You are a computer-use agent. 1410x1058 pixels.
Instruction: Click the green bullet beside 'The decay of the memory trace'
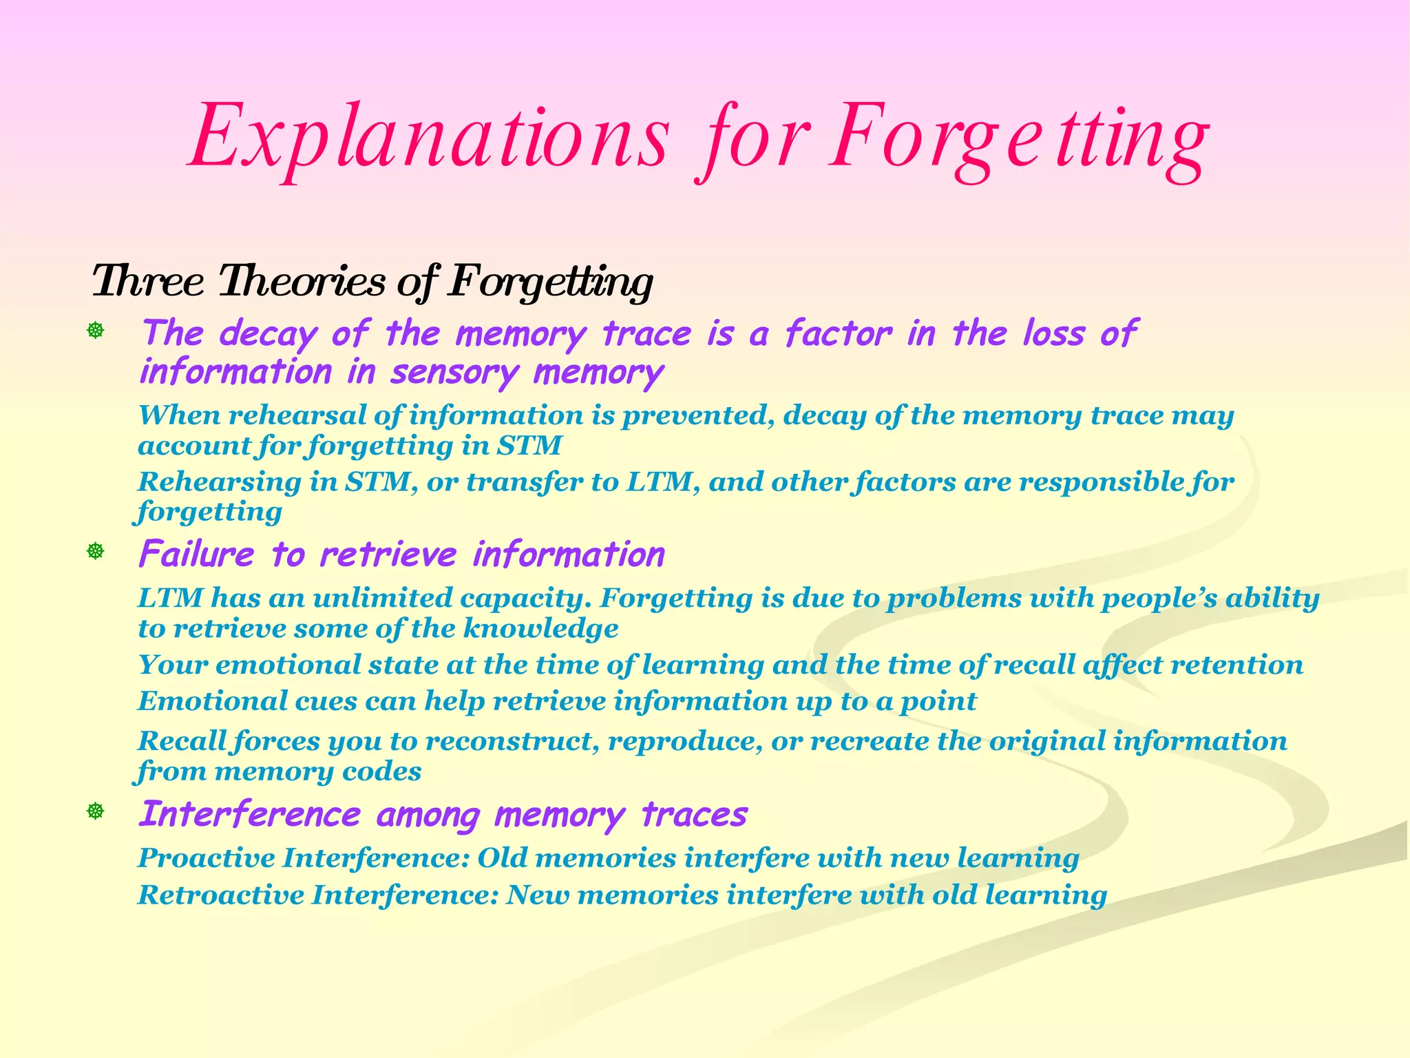tap(95, 331)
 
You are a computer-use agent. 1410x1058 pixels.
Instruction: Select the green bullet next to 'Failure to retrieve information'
tap(95, 551)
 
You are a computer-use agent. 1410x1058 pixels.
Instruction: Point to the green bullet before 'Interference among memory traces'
tap(95, 811)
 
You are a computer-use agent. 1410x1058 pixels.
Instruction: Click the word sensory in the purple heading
tap(454, 373)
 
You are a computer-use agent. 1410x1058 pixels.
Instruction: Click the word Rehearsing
tap(220, 482)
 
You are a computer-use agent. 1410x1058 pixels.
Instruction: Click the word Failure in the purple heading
tap(196, 554)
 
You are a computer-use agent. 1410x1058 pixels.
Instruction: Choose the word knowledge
tap(540, 628)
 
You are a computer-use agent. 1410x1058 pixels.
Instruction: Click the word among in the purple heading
tap(428, 815)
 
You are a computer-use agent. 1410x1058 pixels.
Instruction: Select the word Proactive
tap(207, 858)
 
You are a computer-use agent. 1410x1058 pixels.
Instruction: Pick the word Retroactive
tap(221, 895)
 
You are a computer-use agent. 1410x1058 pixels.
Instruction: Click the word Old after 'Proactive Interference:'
tap(502, 858)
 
